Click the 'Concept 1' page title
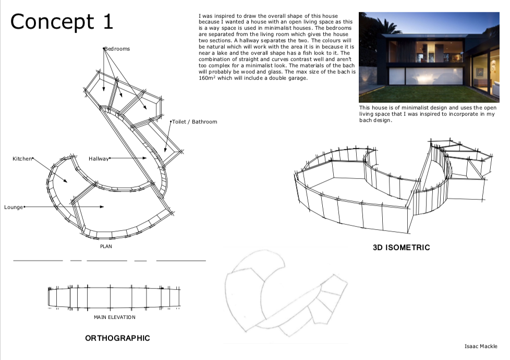click(x=62, y=22)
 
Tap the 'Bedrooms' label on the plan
click(x=117, y=49)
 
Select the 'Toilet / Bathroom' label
click(x=195, y=122)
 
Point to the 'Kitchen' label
click(x=22, y=158)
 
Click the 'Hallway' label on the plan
click(x=99, y=158)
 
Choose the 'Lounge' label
click(x=14, y=207)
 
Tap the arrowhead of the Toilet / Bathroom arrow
click(x=165, y=150)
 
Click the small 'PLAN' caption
click(x=106, y=246)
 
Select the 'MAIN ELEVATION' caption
click(x=115, y=317)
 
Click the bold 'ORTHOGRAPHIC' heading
click(x=117, y=338)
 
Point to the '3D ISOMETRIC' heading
click(x=402, y=247)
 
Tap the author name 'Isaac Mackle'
click(x=481, y=346)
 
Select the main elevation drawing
click(x=114, y=297)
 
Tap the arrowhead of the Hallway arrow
click(x=144, y=158)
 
